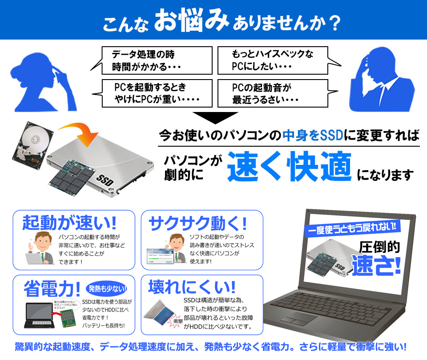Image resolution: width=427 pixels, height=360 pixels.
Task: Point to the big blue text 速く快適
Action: (x=289, y=168)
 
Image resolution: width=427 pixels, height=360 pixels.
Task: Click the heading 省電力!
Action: (x=48, y=288)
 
